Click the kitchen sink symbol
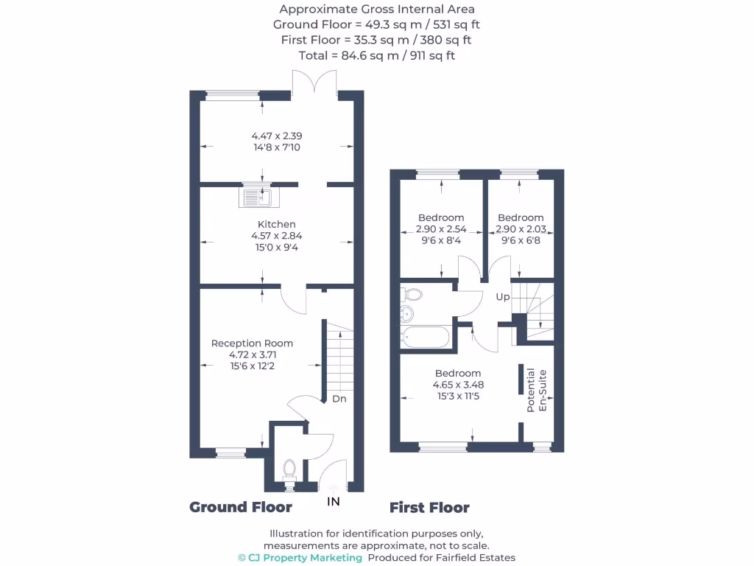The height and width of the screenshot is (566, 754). point(256,197)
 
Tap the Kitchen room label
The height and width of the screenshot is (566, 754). point(276,224)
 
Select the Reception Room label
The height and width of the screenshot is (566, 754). point(252,343)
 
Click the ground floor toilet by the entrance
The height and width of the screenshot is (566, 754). point(289,469)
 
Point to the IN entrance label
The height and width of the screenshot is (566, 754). point(334,502)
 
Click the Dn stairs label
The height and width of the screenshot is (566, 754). point(339,399)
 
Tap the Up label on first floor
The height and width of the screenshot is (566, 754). point(502,296)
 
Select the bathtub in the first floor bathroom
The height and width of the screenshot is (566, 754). point(426,338)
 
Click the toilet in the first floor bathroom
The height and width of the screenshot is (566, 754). point(412,295)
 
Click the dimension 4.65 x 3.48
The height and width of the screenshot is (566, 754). point(458,384)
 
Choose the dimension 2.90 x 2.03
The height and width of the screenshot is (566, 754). point(521,228)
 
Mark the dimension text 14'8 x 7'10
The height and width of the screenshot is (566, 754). point(276,147)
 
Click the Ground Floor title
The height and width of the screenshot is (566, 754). point(241,507)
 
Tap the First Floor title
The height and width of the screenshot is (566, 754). point(429,507)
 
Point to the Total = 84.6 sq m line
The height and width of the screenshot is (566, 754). point(376,55)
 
